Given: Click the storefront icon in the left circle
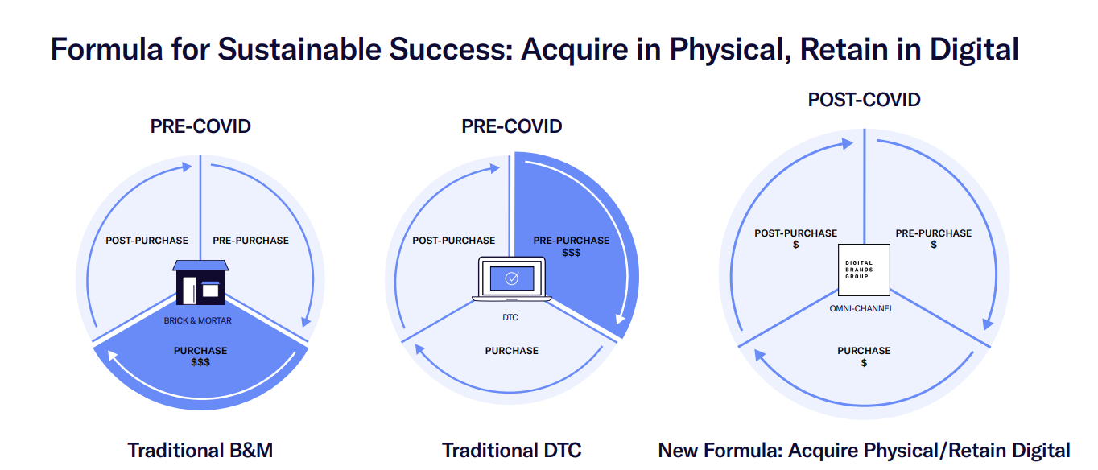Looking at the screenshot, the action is click(200, 282).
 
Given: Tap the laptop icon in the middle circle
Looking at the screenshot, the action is click(512, 279).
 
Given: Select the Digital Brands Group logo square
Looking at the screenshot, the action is click(864, 270).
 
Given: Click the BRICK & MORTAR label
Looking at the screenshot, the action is click(197, 320).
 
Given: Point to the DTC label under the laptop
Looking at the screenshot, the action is click(510, 318).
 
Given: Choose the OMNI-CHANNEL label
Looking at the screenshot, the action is click(861, 309).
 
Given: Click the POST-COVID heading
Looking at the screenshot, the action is click(865, 100).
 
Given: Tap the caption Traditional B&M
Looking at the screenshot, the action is click(200, 450).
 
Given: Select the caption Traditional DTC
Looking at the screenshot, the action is click(512, 450).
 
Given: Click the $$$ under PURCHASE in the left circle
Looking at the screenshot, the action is click(200, 362).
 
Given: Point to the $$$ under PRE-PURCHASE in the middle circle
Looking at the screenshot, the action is click(571, 253).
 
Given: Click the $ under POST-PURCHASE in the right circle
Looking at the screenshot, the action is click(795, 245).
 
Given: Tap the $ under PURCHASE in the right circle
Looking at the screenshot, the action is click(864, 363).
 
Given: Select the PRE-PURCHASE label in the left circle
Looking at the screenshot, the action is click(250, 241).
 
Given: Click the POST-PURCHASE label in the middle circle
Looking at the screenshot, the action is click(453, 241).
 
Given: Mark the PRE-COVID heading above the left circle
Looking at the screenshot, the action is click(200, 126).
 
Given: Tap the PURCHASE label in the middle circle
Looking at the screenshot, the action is click(512, 351).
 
